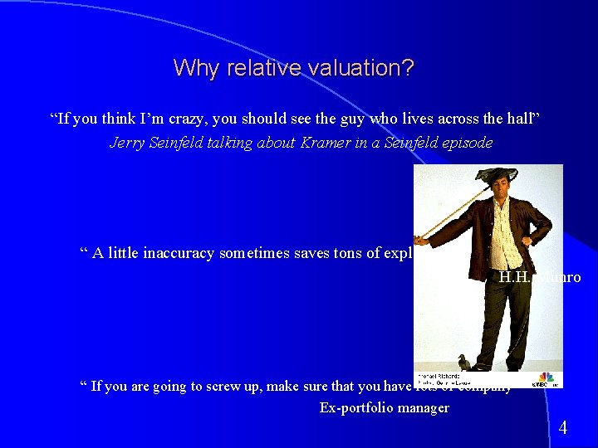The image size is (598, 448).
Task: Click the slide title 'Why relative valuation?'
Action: (293, 67)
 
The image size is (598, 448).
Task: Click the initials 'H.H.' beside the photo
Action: (514, 276)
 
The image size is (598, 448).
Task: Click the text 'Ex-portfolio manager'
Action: (384, 407)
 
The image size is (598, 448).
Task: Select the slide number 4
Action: (562, 428)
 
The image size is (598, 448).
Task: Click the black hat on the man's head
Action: (495, 176)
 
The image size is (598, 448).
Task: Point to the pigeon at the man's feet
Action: (462, 362)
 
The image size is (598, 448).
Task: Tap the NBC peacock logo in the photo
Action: (546, 377)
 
